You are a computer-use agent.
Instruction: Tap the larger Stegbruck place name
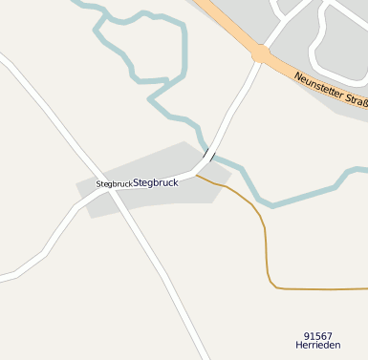point(156,181)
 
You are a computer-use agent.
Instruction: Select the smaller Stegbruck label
point(114,183)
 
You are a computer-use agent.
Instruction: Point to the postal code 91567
point(317,336)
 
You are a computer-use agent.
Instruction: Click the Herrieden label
point(317,348)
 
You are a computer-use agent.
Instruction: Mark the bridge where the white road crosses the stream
point(208,155)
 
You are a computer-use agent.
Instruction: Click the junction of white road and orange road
point(260,54)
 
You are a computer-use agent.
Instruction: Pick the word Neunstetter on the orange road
point(316,85)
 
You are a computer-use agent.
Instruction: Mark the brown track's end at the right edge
point(365,288)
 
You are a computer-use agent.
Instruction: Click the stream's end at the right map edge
point(365,170)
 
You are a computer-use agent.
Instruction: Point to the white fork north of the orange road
point(278,26)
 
